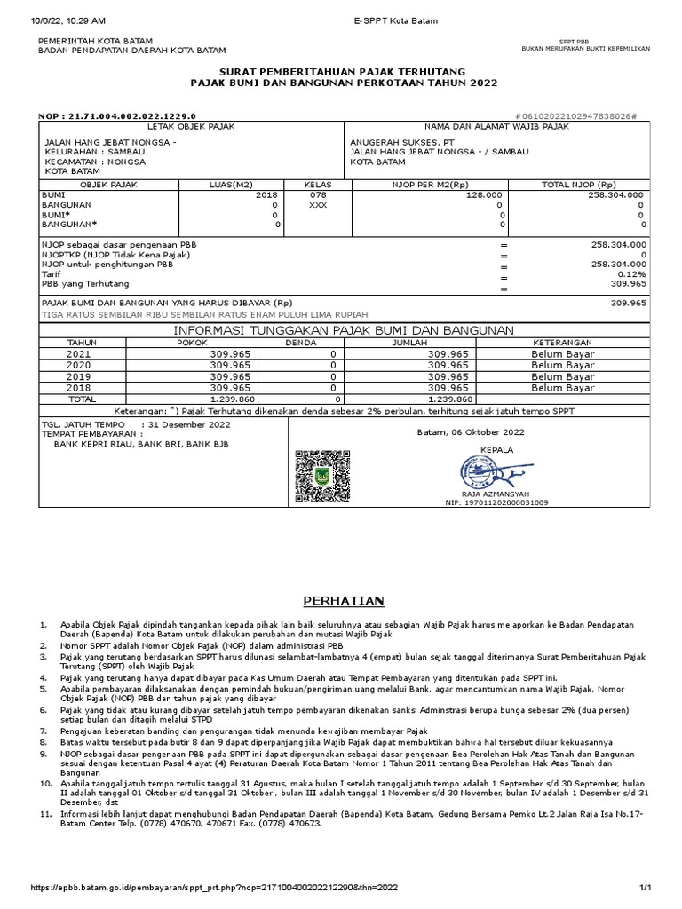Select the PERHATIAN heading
coord(340,601)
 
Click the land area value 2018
coord(266,193)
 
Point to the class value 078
coord(317,193)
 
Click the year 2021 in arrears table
coord(78,353)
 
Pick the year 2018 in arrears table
coord(78,388)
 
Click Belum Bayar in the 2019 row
coord(561,376)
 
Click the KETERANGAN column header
coord(561,342)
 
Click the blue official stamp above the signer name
coord(484,470)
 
